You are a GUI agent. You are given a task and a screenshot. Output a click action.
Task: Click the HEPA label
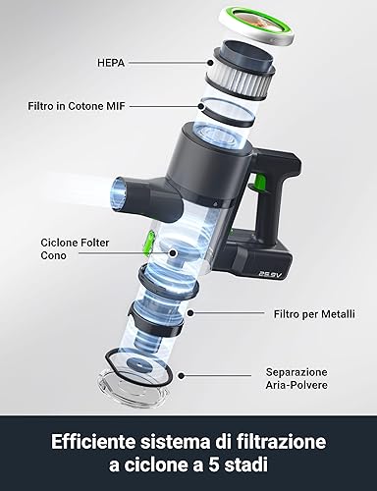pos(111,63)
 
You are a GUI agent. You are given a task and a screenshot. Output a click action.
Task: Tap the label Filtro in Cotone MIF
pos(77,106)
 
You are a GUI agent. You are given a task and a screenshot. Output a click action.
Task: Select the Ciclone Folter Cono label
pos(75,249)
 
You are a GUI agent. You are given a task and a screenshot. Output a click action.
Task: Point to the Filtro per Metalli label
pos(314,314)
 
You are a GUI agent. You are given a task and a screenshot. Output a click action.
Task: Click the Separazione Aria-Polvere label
pos(296,378)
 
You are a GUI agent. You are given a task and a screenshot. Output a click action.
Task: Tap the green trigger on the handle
pos(258,182)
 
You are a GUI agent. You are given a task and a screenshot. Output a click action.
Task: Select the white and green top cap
pos(256,26)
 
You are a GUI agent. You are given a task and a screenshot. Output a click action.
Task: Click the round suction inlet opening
pos(120,193)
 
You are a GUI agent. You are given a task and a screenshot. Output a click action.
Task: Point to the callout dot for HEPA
pos(210,63)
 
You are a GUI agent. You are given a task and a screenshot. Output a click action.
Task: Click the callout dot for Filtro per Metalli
pos(190,313)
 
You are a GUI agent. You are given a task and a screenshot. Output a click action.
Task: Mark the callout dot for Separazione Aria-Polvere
pos(181,375)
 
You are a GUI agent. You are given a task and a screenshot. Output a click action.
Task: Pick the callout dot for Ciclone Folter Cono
pos(173,252)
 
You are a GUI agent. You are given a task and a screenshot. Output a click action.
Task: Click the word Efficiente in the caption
pos(93,442)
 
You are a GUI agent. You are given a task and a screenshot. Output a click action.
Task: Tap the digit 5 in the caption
pos(210,464)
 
